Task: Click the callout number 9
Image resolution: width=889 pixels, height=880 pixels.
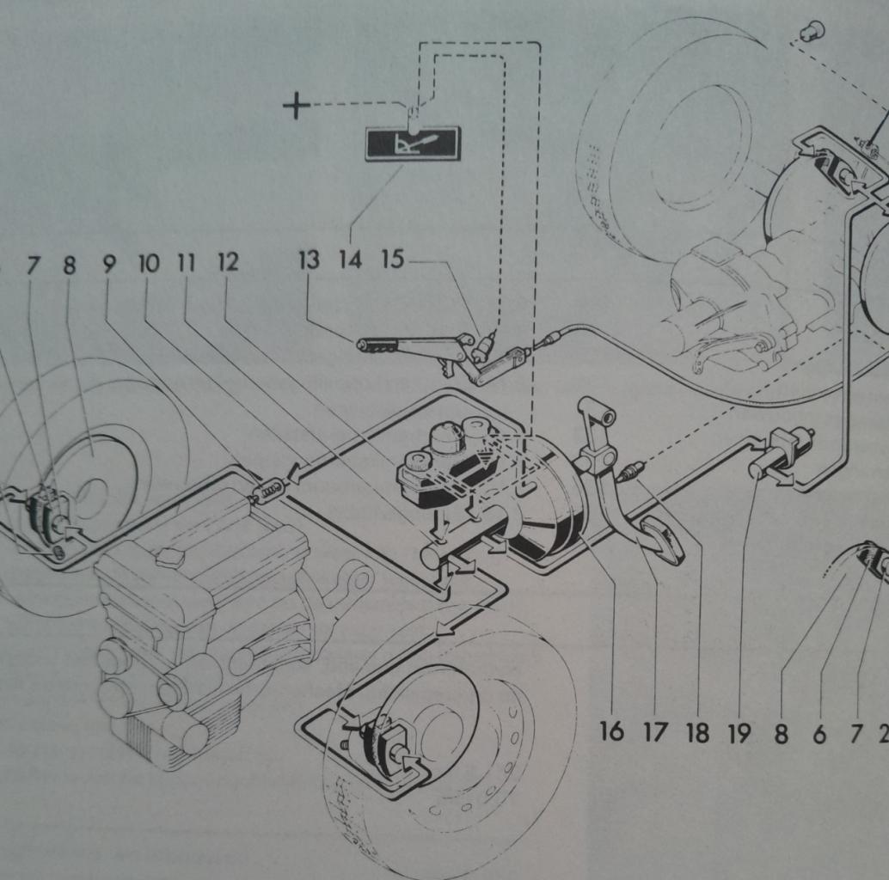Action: tap(109, 264)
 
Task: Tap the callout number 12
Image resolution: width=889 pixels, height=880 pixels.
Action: tap(227, 262)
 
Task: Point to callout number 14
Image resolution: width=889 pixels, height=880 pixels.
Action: tap(350, 260)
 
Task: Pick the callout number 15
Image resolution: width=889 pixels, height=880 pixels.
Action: tap(392, 259)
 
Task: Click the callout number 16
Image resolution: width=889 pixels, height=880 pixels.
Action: tap(611, 732)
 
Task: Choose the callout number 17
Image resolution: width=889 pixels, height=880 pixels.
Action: tap(655, 732)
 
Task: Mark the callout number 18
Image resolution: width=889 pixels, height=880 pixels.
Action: tap(697, 732)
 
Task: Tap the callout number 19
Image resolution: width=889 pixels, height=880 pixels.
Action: tap(739, 732)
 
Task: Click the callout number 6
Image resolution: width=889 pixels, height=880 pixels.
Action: tap(818, 733)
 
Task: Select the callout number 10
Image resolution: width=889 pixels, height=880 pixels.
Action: tap(149, 263)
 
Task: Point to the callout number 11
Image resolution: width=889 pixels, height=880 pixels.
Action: tap(187, 262)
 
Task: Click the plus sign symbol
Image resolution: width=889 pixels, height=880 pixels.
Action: tap(297, 107)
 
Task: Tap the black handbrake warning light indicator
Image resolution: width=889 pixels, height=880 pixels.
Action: tap(413, 144)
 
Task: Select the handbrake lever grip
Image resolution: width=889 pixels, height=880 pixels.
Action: tap(377, 345)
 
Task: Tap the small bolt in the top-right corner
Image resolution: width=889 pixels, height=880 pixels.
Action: tap(811, 32)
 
